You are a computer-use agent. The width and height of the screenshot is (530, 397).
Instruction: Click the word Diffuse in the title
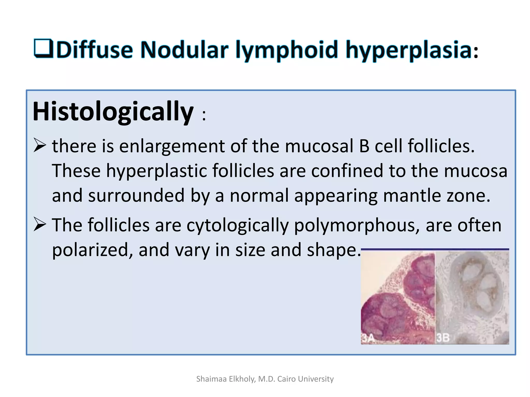pyautogui.click(x=94, y=50)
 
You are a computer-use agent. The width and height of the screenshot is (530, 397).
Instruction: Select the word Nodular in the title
pyautogui.click(x=184, y=50)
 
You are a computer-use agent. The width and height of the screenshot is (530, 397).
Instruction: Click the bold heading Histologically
pyautogui.click(x=113, y=112)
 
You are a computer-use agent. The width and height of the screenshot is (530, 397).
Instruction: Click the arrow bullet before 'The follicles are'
pyautogui.click(x=40, y=224)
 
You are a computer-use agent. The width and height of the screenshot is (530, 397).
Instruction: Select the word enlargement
pyautogui.click(x=172, y=147)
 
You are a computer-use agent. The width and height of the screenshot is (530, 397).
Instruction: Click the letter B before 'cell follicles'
pyautogui.click(x=364, y=146)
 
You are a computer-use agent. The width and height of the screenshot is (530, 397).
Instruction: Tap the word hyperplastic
pyautogui.click(x=157, y=171)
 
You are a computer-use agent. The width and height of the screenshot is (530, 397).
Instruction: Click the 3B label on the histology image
pyautogui.click(x=443, y=338)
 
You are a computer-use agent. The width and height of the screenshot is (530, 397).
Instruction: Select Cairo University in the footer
pyautogui.click(x=305, y=379)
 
